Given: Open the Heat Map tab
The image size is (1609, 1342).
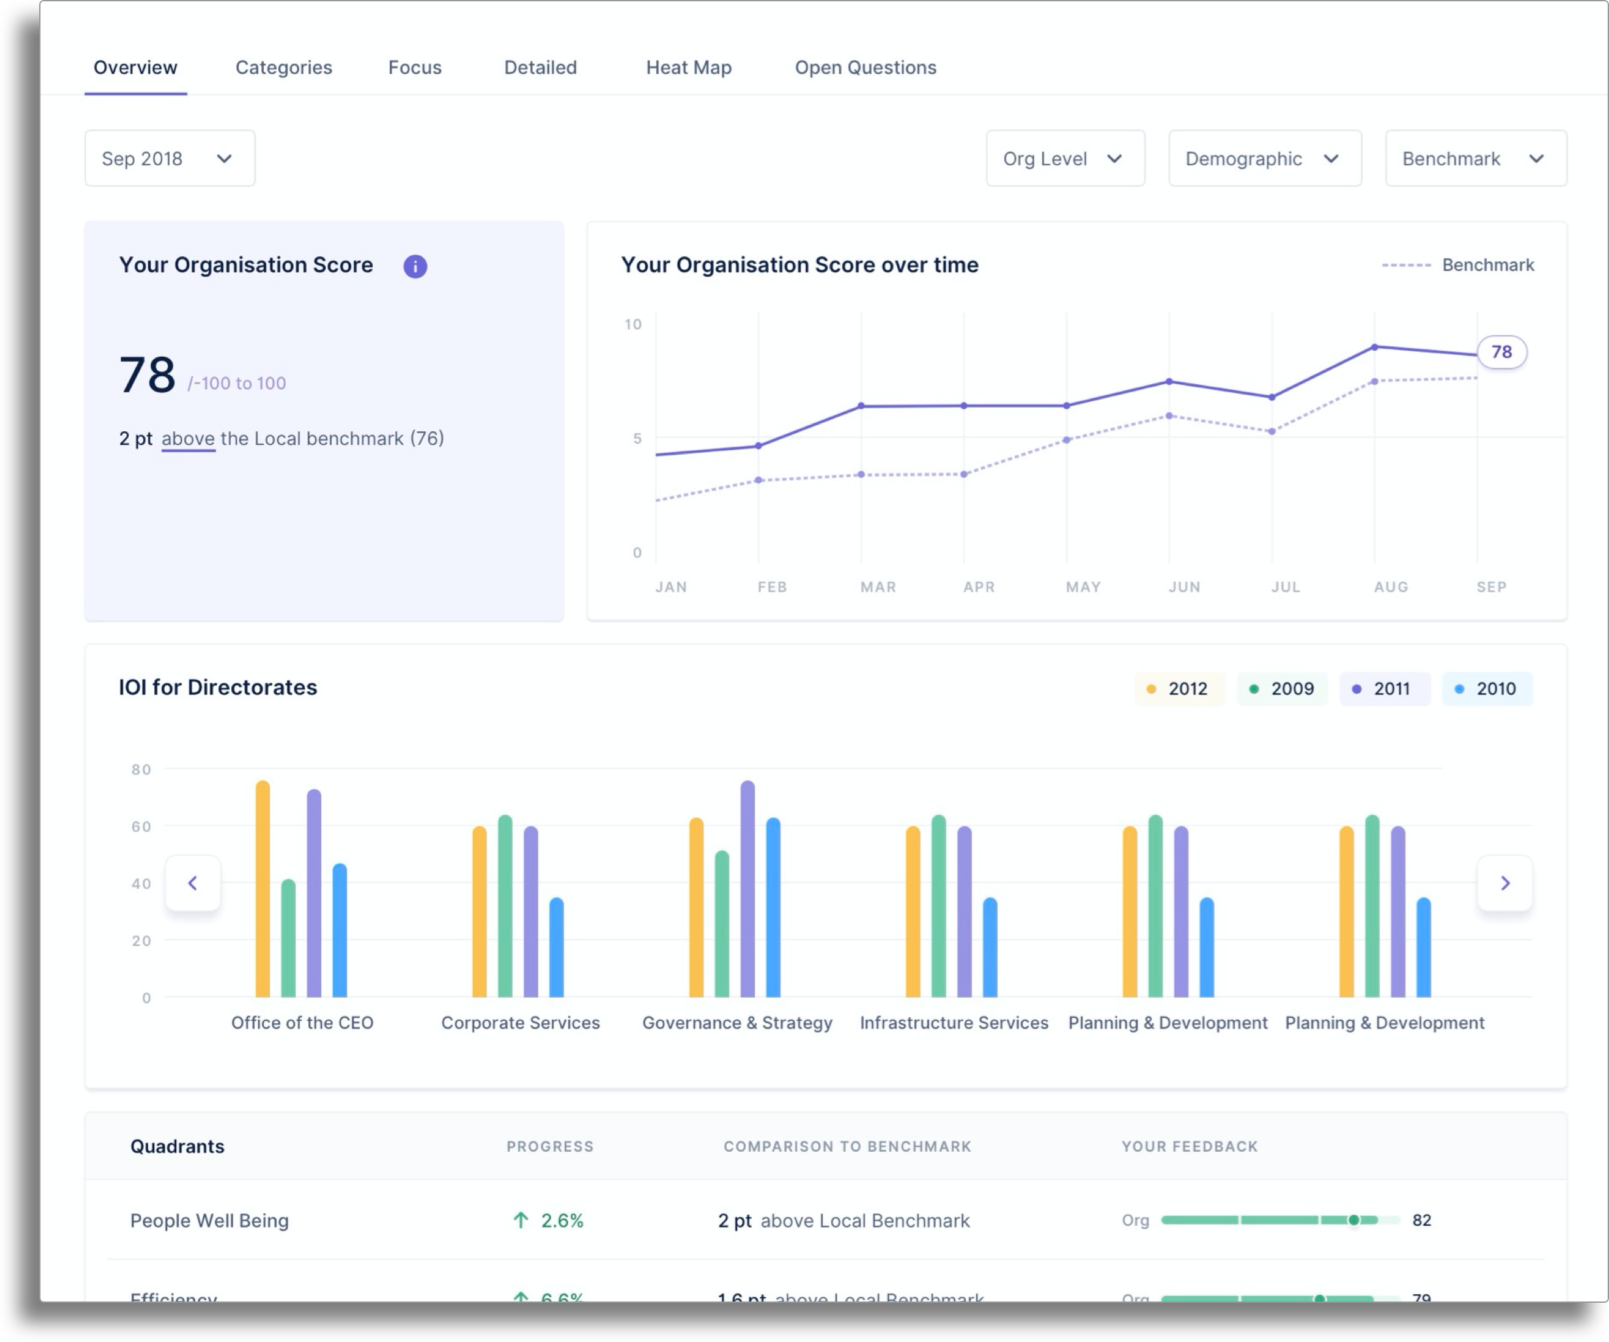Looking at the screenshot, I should pyautogui.click(x=688, y=67).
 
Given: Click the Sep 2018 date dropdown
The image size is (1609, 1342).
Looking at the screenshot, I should pyautogui.click(x=169, y=159).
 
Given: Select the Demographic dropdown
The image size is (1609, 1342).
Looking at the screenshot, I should pyautogui.click(x=1264, y=159).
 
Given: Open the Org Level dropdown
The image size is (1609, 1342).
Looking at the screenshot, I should pyautogui.click(x=1065, y=159).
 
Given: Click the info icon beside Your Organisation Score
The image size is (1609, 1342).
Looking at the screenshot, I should pyautogui.click(x=415, y=266).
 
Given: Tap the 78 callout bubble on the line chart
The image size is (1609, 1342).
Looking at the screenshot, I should pyautogui.click(x=1501, y=352).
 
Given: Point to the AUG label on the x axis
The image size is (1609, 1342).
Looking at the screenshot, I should pyautogui.click(x=1391, y=587).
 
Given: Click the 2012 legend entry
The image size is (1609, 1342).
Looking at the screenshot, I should pyautogui.click(x=1179, y=688).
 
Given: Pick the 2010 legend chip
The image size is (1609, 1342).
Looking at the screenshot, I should pyautogui.click(x=1486, y=688).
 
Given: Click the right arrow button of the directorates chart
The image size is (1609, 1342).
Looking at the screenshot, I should pyautogui.click(x=1505, y=883).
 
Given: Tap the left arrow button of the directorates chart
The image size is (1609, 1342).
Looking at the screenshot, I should pyautogui.click(x=193, y=883).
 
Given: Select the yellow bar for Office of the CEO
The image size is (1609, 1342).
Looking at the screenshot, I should pyautogui.click(x=263, y=889).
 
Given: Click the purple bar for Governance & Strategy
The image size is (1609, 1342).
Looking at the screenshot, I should pyautogui.click(x=748, y=889).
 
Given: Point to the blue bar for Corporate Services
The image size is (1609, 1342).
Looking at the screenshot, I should pyautogui.click(x=557, y=947).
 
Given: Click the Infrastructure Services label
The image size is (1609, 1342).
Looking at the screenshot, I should pyautogui.click(x=954, y=1023).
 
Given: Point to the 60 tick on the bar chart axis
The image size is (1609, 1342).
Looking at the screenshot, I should pyautogui.click(x=141, y=826).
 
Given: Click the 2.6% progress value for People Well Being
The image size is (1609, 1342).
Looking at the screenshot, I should pyautogui.click(x=561, y=1220).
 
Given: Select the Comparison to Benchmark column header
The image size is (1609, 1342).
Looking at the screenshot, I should pyautogui.click(x=847, y=1147).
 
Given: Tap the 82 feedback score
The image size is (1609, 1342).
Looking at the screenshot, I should pyautogui.click(x=1422, y=1220).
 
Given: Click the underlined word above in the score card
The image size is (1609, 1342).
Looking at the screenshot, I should pyautogui.click(x=187, y=438).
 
